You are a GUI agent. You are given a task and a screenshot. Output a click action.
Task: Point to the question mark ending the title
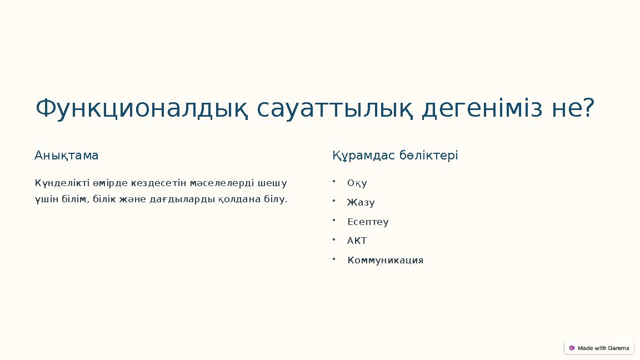pyautogui.click(x=588, y=109)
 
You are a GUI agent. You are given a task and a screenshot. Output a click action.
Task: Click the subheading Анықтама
pyautogui.click(x=67, y=156)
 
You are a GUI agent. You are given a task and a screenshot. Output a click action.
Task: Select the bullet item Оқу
pyautogui.click(x=357, y=183)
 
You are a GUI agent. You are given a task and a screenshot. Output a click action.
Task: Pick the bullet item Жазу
pyautogui.click(x=361, y=203)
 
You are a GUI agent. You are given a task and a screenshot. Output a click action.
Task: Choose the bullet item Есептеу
pyautogui.click(x=368, y=222)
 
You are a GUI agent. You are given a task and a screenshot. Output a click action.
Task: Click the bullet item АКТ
pyautogui.click(x=357, y=241)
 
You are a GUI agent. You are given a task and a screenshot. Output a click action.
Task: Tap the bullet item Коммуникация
pyautogui.click(x=385, y=261)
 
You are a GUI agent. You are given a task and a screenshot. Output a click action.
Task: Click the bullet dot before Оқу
pyautogui.click(x=333, y=181)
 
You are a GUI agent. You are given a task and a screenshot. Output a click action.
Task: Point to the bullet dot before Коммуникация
pyautogui.click(x=333, y=258)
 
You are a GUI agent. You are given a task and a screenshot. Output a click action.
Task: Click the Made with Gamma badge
pyautogui.click(x=599, y=348)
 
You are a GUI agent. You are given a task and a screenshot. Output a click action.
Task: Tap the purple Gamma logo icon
pyautogui.click(x=572, y=348)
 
